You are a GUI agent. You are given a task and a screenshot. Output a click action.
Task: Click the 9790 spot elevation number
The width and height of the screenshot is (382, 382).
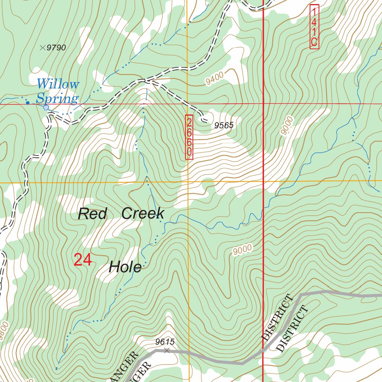coord(57,48)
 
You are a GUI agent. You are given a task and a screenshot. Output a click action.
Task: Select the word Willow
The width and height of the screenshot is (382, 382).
coord(58,84)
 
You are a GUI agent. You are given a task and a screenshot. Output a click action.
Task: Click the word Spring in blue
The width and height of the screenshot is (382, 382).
coord(57,99)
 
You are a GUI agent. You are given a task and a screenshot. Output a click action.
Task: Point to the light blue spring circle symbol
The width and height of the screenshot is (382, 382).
coord(46,108)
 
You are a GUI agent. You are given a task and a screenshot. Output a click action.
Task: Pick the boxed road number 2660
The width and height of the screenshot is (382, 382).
coord(189,137)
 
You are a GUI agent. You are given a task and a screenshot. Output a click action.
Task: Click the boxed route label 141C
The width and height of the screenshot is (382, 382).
coord(314,26)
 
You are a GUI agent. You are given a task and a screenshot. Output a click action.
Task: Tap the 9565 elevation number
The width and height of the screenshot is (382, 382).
coord(224,126)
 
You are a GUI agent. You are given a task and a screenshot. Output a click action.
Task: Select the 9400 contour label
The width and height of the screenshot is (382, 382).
coord(214,78)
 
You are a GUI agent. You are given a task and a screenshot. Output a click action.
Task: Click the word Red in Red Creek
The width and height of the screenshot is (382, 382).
coord(92,214)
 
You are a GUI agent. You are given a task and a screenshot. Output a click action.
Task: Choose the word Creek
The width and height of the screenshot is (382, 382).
coord(143,213)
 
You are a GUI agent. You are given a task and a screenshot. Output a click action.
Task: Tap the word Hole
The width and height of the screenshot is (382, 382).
coord(125,267)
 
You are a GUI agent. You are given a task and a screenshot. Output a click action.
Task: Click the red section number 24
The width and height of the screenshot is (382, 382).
coord(82,260)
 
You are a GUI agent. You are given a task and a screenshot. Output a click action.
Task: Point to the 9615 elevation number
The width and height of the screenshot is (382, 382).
coord(165,342)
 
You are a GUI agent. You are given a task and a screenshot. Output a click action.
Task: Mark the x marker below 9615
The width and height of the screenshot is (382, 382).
coord(167,350)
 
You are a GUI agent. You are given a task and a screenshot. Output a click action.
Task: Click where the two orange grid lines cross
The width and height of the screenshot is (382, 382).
coord(188,182)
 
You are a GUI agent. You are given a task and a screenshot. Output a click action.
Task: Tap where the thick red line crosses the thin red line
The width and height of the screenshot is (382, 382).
coord(264,103)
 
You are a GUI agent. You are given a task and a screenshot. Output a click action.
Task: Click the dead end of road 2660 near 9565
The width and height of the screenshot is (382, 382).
coord(204,120)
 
